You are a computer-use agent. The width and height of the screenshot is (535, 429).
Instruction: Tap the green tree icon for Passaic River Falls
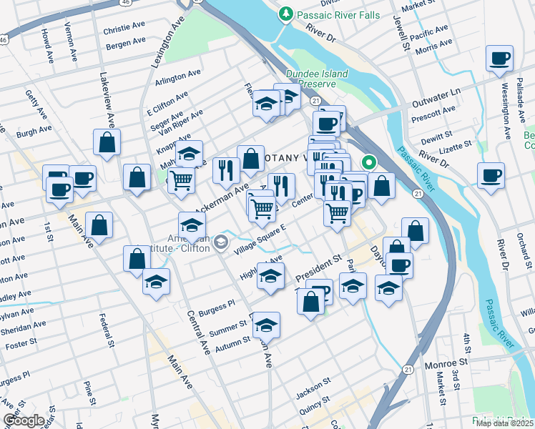click(x=286, y=14)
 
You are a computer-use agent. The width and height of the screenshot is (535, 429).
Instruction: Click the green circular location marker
click(x=369, y=162)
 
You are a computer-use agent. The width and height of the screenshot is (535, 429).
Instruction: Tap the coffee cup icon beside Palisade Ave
click(x=499, y=59)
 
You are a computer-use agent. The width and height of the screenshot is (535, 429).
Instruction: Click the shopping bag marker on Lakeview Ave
click(x=107, y=142)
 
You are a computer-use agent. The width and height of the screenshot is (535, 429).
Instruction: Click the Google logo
click(x=24, y=420)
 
